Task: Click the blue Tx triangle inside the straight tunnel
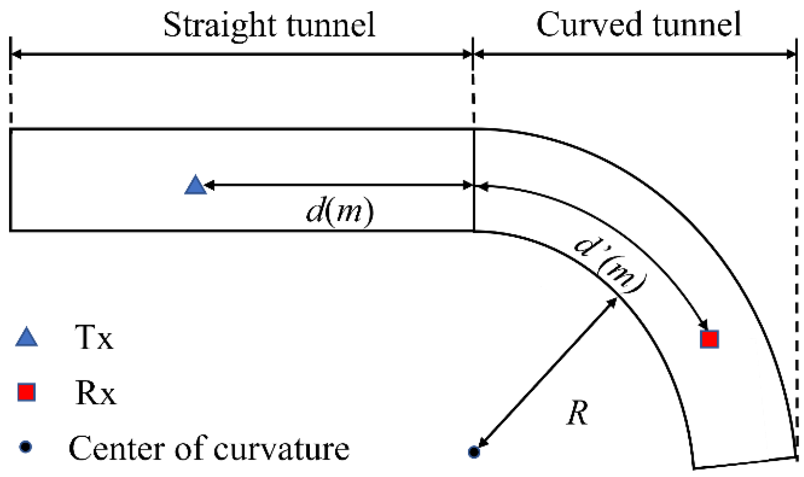point(195,185)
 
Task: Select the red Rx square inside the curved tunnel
point(709,339)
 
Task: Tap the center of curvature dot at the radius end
point(474,452)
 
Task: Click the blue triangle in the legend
point(27,337)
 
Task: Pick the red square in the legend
point(26,392)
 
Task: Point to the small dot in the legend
point(26,447)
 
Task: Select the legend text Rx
point(95,393)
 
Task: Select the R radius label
point(578,413)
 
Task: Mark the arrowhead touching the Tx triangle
point(209,185)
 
